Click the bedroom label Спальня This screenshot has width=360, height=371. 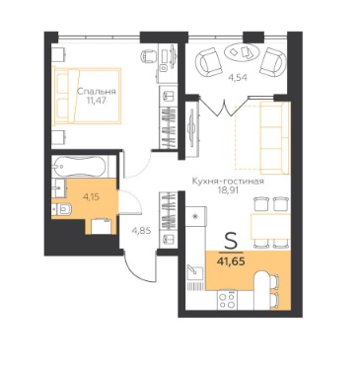tap(97, 92)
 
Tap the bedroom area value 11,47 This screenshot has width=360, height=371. tap(97, 101)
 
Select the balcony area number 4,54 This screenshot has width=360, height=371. tap(238, 78)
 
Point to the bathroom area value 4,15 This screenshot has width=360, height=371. tap(91, 197)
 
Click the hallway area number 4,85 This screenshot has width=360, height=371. tap(141, 231)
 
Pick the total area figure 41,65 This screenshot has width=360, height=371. tap(231, 262)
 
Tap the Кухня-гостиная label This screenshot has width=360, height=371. tap(228, 182)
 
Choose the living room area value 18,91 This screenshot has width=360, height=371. tap(229, 190)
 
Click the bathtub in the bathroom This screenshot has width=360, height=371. tap(80, 167)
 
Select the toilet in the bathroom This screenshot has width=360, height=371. tap(62, 208)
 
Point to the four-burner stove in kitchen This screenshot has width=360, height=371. tap(227, 300)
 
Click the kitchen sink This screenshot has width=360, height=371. tap(194, 270)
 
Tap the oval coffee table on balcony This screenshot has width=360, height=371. tap(243, 51)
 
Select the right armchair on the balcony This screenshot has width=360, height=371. tap(272, 61)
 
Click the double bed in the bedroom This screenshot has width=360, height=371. tap(87, 96)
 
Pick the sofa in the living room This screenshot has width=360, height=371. tap(275, 138)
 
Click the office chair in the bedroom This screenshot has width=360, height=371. tap(148, 56)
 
